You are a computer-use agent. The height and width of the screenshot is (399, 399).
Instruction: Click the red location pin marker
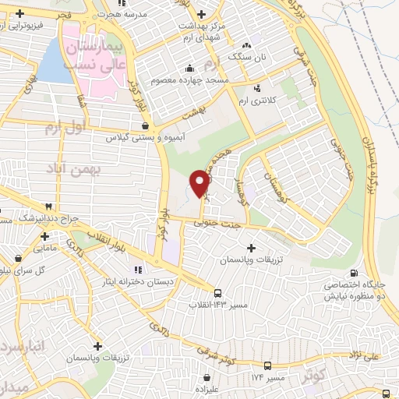[201, 182]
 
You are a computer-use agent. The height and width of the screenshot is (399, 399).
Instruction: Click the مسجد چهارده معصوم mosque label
[217, 80]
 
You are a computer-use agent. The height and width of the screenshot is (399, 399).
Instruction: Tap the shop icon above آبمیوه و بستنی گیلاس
[147, 125]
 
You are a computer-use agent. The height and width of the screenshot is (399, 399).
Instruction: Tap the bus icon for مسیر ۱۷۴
[268, 365]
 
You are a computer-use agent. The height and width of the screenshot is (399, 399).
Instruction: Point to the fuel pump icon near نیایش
[356, 273]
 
